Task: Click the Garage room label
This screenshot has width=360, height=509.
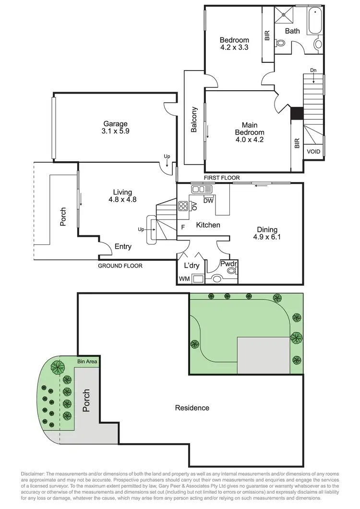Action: [x=115, y=123]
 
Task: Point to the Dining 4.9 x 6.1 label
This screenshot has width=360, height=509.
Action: [x=265, y=233]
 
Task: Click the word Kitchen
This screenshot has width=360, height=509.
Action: [x=208, y=225]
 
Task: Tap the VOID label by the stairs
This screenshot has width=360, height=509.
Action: [x=313, y=151]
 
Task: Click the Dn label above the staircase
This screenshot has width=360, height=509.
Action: [x=313, y=71]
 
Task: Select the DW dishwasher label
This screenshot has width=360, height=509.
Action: [x=208, y=201]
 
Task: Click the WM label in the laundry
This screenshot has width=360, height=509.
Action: [x=184, y=279]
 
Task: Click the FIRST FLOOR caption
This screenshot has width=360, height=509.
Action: [x=221, y=178]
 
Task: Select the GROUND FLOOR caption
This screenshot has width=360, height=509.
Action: [x=120, y=266]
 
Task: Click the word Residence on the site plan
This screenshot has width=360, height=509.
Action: [x=192, y=408]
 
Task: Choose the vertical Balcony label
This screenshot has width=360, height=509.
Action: [x=194, y=119]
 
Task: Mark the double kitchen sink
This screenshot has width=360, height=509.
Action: [x=198, y=190]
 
